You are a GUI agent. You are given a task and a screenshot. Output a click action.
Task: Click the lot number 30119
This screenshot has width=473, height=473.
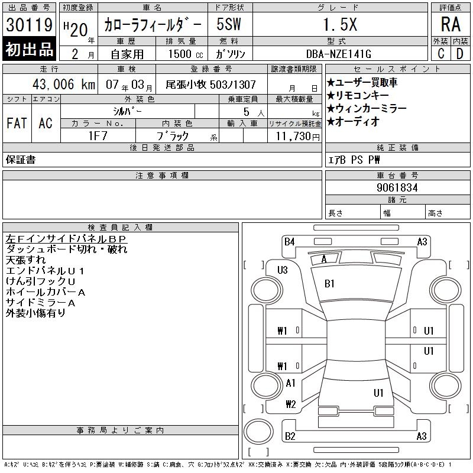29,25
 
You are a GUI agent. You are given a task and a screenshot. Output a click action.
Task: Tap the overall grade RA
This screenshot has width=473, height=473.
451,24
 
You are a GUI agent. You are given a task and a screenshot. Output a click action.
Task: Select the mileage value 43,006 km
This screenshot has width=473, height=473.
64,84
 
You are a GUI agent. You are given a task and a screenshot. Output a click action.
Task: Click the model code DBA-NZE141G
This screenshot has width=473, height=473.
338,54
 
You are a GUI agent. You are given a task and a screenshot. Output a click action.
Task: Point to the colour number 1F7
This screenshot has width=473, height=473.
98,136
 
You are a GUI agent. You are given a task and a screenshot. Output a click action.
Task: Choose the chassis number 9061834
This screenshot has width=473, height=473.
397,187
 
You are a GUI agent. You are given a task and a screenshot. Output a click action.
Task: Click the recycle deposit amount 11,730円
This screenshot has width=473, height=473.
298,137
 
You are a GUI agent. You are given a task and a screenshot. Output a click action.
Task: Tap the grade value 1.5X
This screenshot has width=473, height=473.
340,24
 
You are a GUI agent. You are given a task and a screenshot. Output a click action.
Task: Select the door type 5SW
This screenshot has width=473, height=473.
229,24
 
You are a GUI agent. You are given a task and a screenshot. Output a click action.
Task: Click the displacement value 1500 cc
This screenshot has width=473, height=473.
186,54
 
